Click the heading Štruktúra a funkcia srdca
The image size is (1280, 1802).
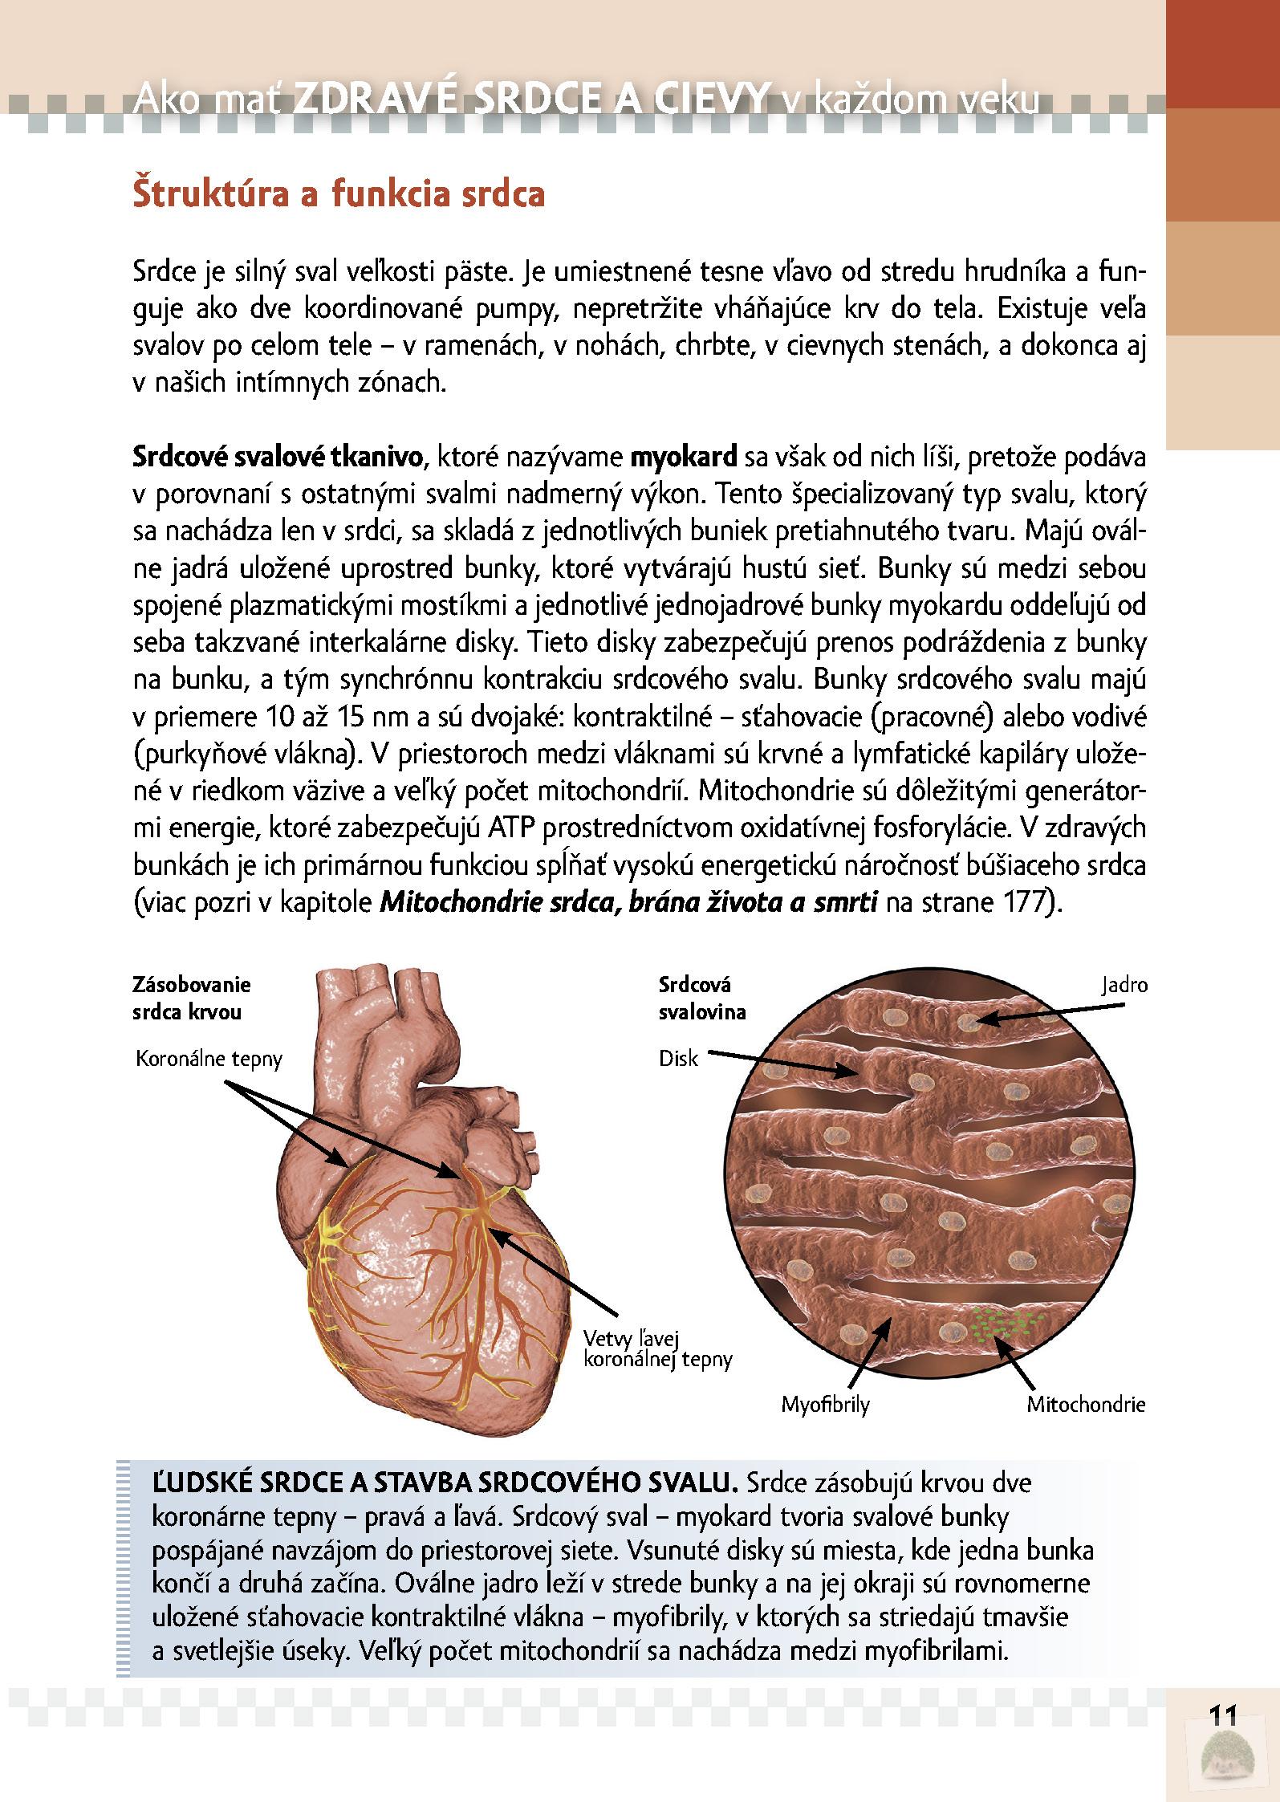click(338, 195)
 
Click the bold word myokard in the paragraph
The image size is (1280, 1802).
click(684, 458)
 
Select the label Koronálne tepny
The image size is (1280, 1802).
click(209, 1059)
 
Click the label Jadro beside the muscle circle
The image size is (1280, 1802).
click(1124, 986)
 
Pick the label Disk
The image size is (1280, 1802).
click(678, 1059)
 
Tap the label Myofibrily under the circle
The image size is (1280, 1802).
click(826, 1405)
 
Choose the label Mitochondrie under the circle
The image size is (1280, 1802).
click(1086, 1405)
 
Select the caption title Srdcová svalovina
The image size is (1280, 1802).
click(701, 998)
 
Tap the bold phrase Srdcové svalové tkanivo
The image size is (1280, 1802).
click(278, 458)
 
